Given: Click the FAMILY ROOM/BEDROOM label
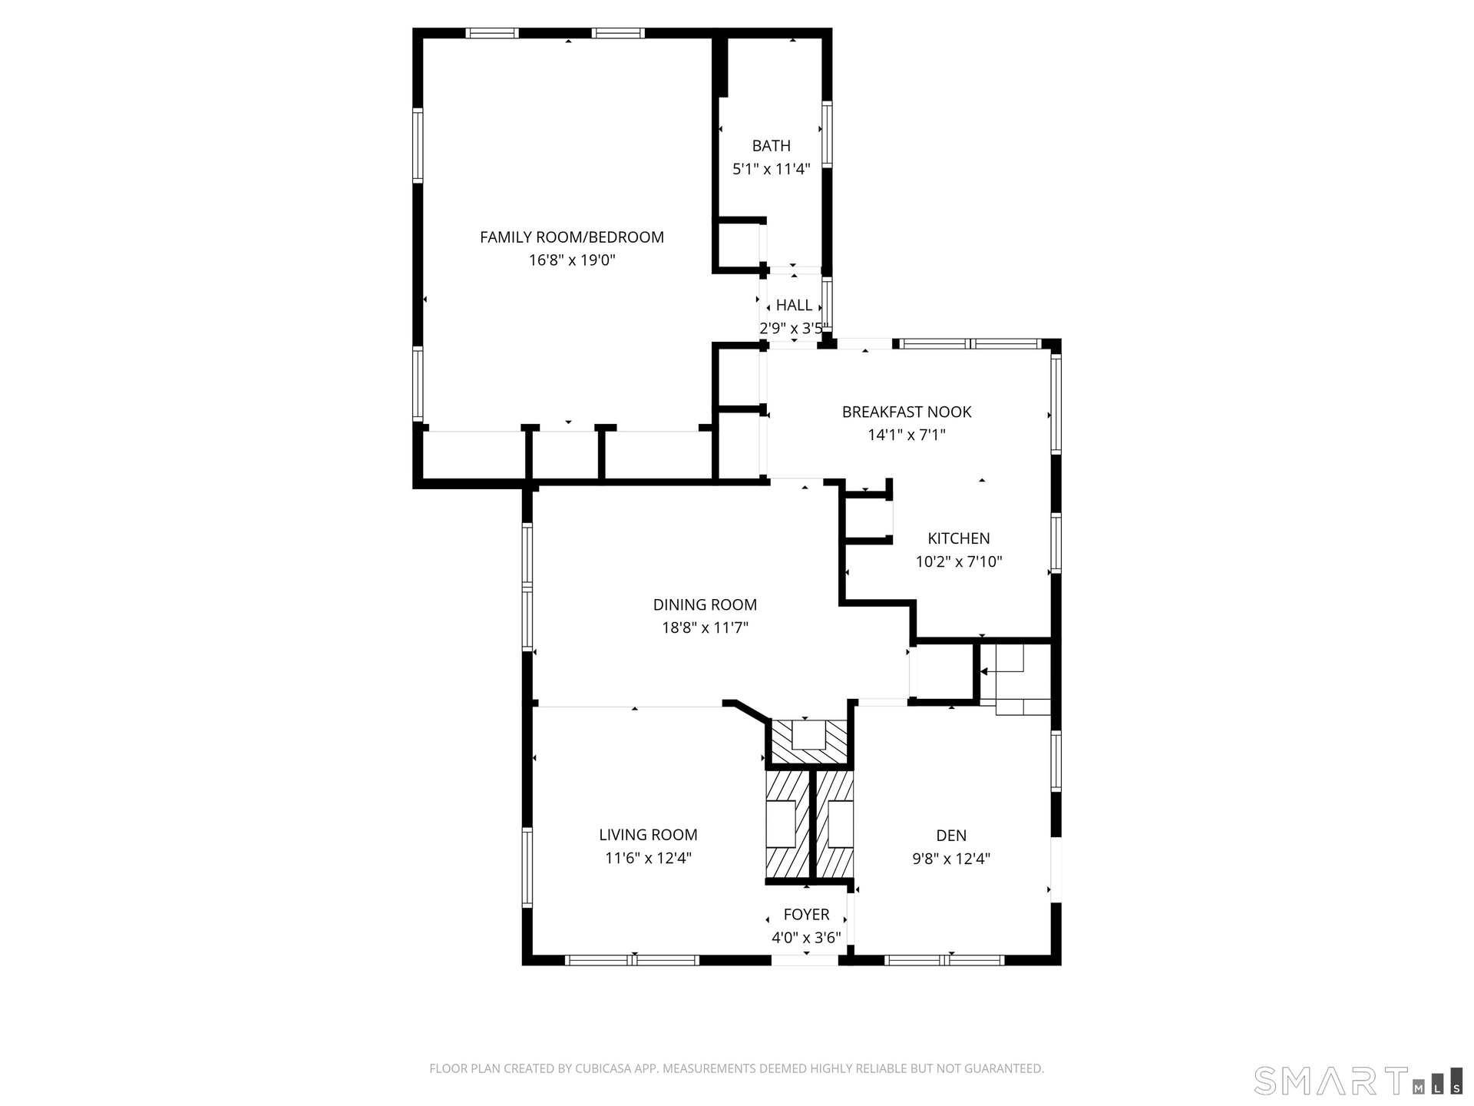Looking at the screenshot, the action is pyautogui.click(x=572, y=237).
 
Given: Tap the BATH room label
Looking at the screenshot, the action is pyautogui.click(x=772, y=146).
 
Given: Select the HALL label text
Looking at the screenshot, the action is pyautogui.click(x=794, y=305).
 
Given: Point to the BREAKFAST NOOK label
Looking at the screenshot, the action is pyautogui.click(x=907, y=412).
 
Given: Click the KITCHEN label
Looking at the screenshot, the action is pyautogui.click(x=959, y=538).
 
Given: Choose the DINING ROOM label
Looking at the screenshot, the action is pyautogui.click(x=705, y=604).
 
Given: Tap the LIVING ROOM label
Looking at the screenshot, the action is pyautogui.click(x=648, y=835).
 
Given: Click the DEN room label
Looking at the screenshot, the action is pyautogui.click(x=951, y=836).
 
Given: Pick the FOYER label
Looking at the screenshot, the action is pyautogui.click(x=806, y=915).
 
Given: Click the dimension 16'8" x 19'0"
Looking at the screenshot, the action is pyautogui.click(x=572, y=260).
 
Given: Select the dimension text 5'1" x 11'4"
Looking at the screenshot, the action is pyautogui.click(x=772, y=169).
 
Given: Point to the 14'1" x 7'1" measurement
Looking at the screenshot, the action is pyautogui.click(x=907, y=435).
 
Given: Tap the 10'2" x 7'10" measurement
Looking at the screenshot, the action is pyautogui.click(x=959, y=561).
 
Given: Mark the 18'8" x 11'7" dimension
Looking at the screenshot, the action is pyautogui.click(x=705, y=628).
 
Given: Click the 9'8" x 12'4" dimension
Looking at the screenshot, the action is pyautogui.click(x=951, y=859).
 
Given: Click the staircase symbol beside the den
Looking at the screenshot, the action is pyautogui.click(x=1016, y=680).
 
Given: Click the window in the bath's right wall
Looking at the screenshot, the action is pyautogui.click(x=827, y=134).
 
